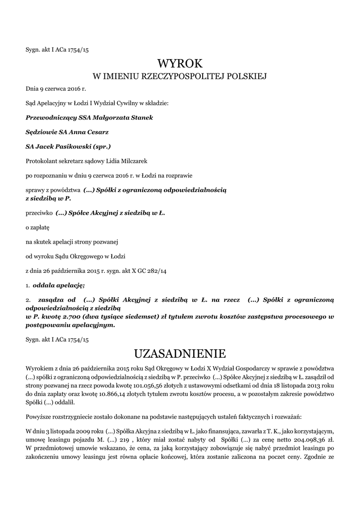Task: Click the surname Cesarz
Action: pos(97,132)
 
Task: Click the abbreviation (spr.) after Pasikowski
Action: pos(102,146)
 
